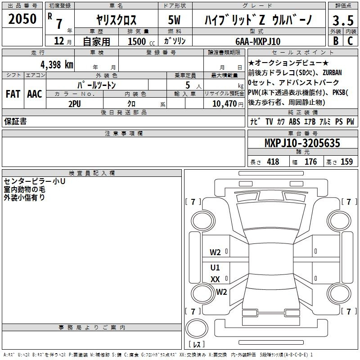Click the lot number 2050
pyautogui.click(x=22, y=19)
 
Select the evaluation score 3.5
pyautogui.click(x=343, y=21)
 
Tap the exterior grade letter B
pyautogui.click(x=336, y=41)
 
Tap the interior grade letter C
pyautogui.click(x=350, y=41)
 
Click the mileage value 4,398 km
pyautogui.click(x=57, y=65)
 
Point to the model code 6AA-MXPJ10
pyautogui.click(x=258, y=41)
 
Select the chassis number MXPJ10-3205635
pyautogui.click(x=302, y=143)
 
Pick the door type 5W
pyautogui.click(x=174, y=20)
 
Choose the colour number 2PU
pyautogui.click(x=75, y=104)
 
